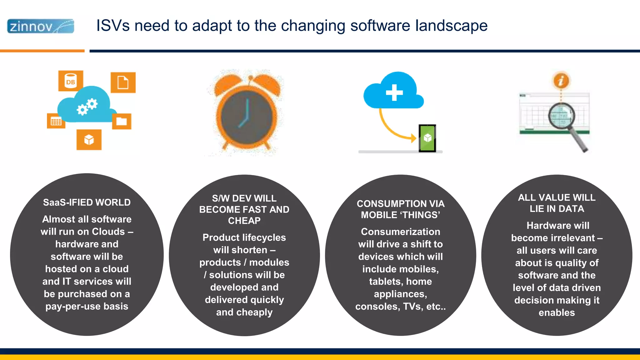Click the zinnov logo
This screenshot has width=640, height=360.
click(41, 26)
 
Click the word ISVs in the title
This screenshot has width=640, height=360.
click(112, 26)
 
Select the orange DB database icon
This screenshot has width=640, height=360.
click(71, 81)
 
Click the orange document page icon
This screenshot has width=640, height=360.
click(123, 82)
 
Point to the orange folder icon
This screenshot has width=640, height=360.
click(122, 121)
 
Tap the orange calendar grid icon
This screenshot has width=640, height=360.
click(56, 121)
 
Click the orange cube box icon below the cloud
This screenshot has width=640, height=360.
click(89, 140)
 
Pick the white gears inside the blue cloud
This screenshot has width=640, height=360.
click(87, 107)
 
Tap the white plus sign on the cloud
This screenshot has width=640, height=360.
click(394, 92)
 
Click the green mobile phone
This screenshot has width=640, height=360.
click(427, 138)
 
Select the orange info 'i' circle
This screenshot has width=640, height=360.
click(561, 81)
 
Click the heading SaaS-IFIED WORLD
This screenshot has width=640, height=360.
click(87, 202)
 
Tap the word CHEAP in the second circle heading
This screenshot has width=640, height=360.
click(244, 221)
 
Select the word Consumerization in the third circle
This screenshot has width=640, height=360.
click(400, 232)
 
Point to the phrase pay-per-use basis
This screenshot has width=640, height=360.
click(87, 306)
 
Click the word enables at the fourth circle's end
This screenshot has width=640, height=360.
click(557, 312)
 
